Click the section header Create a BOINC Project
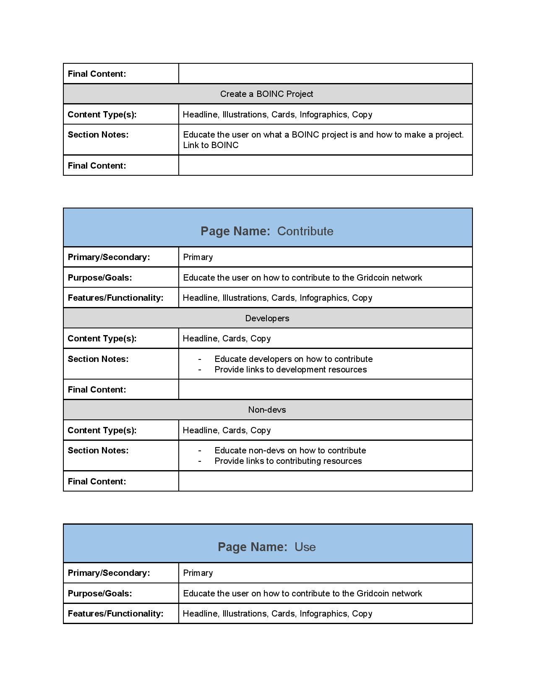coord(266,94)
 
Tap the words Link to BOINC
coord(211,145)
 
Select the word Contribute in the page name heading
coord(305,231)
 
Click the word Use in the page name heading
coord(305,547)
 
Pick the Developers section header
coord(267,318)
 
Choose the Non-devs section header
coord(267,410)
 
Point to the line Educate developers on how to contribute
coord(293,359)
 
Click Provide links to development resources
coord(290,369)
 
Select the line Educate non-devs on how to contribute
coord(290,450)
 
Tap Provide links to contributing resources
coord(288,461)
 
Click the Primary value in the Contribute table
coord(198,257)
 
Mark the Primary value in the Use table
coord(198,573)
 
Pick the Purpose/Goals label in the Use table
coord(100,593)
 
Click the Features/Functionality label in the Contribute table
coord(115,298)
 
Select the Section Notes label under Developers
coord(98,359)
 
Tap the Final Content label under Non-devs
coord(97,481)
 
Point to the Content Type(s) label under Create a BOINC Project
coord(102,114)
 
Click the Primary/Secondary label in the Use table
coord(109,573)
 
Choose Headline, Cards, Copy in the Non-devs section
coord(227,430)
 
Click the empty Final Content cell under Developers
coord(325,390)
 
